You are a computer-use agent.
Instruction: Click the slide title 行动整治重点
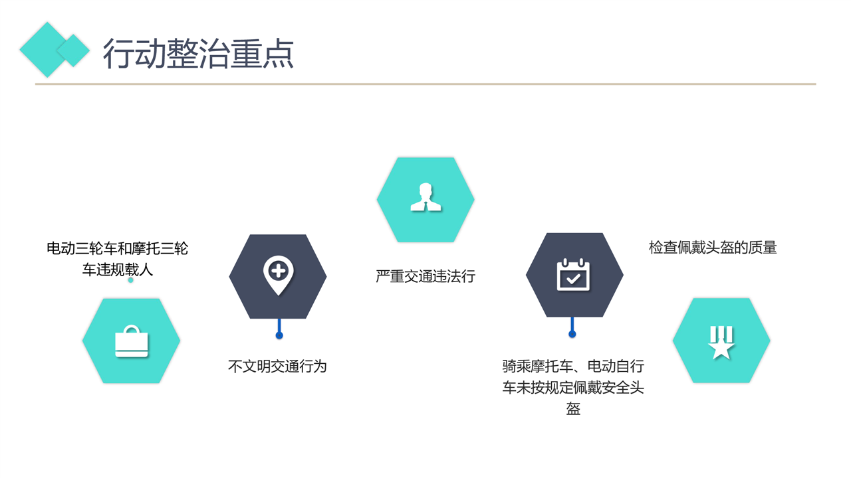click(198, 54)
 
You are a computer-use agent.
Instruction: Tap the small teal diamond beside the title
click(73, 50)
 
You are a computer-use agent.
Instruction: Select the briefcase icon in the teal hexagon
click(132, 341)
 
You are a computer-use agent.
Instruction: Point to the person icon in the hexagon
click(426, 197)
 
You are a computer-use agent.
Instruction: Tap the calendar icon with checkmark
click(573, 275)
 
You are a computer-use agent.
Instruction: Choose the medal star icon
click(721, 342)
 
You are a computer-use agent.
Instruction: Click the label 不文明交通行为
click(277, 366)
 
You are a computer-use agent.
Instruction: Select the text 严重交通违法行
click(425, 276)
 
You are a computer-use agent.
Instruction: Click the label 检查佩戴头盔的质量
click(713, 248)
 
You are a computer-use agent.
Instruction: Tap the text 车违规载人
click(118, 270)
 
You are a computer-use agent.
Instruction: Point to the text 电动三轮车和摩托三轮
click(118, 248)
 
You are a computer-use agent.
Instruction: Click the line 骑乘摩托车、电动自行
click(573, 366)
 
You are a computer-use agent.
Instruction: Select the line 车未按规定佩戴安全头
click(573, 388)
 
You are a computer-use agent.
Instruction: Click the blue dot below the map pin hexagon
click(279, 335)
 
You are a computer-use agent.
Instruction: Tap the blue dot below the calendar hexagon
click(572, 334)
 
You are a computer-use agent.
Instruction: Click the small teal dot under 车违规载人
click(131, 280)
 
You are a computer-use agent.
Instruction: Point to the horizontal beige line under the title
click(425, 84)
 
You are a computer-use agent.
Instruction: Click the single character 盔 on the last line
click(573, 409)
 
